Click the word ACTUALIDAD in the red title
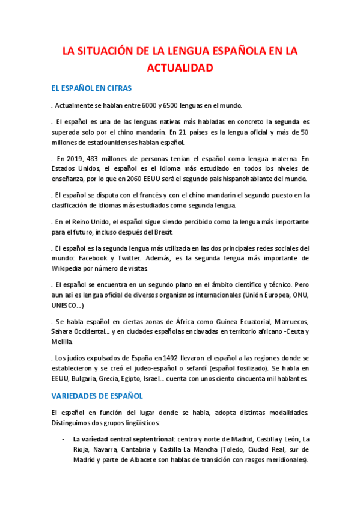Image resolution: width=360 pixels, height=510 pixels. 180,68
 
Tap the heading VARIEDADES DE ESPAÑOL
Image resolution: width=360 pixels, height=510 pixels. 97,396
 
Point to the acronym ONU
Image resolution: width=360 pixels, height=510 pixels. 301,295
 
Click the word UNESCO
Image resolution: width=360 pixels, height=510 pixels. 66,305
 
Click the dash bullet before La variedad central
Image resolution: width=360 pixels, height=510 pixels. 63,439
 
